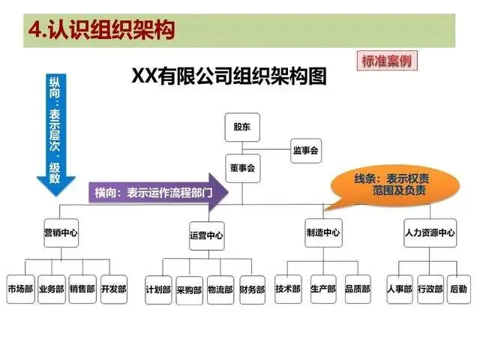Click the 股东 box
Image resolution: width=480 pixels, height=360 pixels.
tap(241, 127)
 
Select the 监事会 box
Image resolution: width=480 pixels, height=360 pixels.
tap(305, 151)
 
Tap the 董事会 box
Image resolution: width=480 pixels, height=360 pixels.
tap(241, 168)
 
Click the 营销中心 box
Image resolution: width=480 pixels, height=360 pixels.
tap(61, 232)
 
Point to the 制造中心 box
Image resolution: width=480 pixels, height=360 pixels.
tap(323, 232)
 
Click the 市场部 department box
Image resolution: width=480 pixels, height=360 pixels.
tap(20, 289)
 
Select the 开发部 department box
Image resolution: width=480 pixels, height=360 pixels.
tap(113, 289)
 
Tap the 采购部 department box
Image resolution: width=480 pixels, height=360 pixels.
tap(190, 289)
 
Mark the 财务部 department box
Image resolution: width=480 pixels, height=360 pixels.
tap(252, 289)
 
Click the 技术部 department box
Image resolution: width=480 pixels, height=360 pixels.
tap(288, 289)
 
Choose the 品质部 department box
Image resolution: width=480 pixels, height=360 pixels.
tap(357, 289)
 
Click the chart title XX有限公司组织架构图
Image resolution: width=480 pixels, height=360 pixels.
tap(229, 76)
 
